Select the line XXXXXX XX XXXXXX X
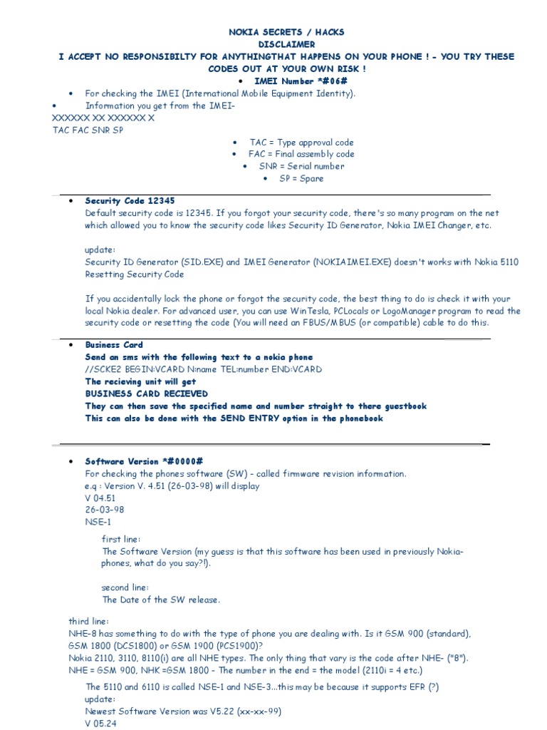[x=104, y=118]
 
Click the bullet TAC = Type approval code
[x=301, y=143]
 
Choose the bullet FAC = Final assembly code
[x=301, y=154]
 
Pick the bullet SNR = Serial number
[x=301, y=166]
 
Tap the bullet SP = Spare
[x=301, y=178]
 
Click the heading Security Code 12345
[x=130, y=201]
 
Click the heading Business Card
[x=114, y=345]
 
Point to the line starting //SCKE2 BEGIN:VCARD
[x=203, y=369]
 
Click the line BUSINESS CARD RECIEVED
[x=147, y=394]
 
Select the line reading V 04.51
[x=99, y=498]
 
